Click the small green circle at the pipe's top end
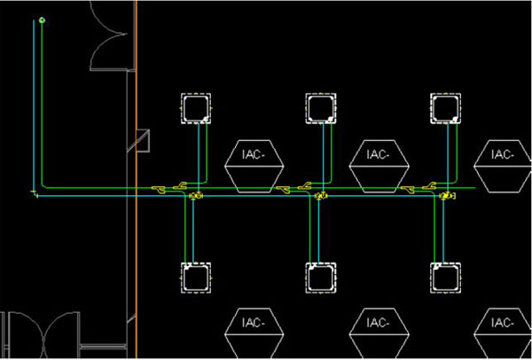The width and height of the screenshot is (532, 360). [42, 20]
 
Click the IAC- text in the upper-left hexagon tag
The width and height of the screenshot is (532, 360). [254, 154]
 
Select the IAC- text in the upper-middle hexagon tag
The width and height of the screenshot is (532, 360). [378, 154]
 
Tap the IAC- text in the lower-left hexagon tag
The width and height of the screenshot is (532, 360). [254, 323]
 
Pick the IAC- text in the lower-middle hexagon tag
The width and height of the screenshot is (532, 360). [378, 323]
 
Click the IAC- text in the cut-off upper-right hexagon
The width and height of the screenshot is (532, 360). [503, 154]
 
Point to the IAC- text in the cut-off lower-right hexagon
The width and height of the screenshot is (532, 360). [503, 323]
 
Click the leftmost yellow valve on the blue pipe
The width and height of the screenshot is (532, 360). [196, 196]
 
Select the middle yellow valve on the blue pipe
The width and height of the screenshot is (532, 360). [321, 196]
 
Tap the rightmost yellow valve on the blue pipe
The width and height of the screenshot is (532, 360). [448, 196]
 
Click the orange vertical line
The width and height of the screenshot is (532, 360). [137, 179]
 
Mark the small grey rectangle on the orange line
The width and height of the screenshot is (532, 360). [143, 140]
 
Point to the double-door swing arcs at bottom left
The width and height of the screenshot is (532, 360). [44, 333]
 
